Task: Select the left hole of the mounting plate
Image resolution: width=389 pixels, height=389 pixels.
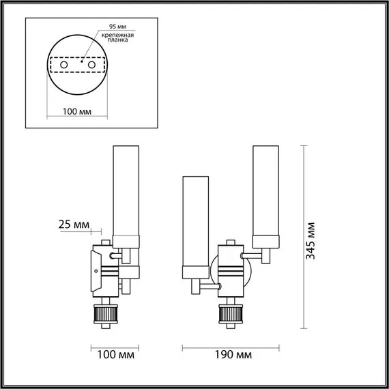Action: [64, 64]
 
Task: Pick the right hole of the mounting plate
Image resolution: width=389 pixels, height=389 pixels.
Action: [89, 64]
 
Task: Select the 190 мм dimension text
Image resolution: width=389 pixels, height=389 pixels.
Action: [230, 356]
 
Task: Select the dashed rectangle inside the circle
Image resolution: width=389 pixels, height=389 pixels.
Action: [76, 65]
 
